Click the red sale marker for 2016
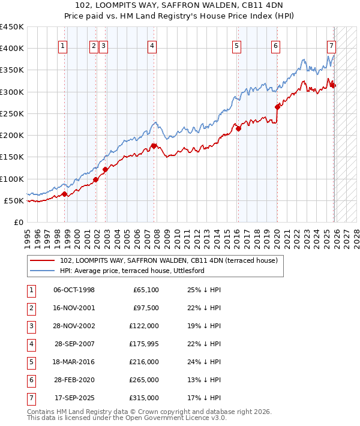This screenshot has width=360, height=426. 238,128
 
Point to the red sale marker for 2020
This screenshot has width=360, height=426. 277,107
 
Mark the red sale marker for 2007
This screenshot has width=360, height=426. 154,146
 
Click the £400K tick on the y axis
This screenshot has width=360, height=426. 12,49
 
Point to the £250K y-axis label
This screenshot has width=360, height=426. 12,113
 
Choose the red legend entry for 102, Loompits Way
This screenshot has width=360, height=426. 169,261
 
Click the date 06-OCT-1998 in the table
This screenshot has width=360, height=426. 74,290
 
